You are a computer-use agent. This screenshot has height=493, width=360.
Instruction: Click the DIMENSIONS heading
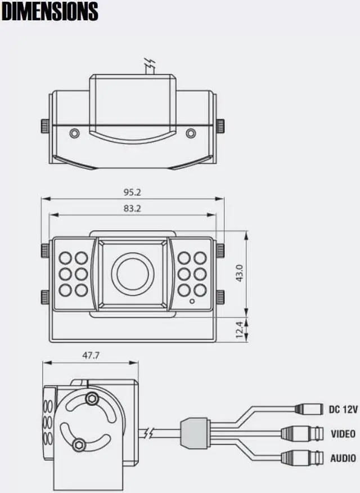pyautogui.click(x=49, y=11)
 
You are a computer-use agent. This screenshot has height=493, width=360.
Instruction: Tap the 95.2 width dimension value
pyautogui.click(x=132, y=192)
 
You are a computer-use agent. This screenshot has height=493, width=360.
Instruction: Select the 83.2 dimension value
pyautogui.click(x=132, y=208)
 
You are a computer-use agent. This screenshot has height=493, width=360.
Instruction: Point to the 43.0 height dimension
pyautogui.click(x=238, y=274)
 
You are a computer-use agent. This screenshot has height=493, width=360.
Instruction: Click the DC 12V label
pyautogui.click(x=343, y=410)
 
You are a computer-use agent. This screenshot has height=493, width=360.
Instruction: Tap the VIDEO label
pyautogui.click(x=343, y=434)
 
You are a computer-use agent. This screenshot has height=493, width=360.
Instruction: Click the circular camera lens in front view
pyautogui.click(x=133, y=273)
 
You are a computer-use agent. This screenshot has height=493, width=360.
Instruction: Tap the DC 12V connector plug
pyautogui.click(x=308, y=409)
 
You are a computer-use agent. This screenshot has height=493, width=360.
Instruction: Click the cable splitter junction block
pyautogui.click(x=194, y=433)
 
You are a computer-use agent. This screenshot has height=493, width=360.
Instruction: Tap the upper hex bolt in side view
pyautogui.click(x=90, y=398)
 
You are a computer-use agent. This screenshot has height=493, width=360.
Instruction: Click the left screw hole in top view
pyautogui.click(x=74, y=133)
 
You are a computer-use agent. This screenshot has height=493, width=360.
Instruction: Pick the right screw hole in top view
pyautogui.click(x=191, y=133)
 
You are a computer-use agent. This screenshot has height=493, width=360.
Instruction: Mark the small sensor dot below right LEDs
pyautogui.click(x=192, y=301)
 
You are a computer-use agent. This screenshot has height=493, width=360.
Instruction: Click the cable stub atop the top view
pyautogui.click(x=150, y=67)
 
